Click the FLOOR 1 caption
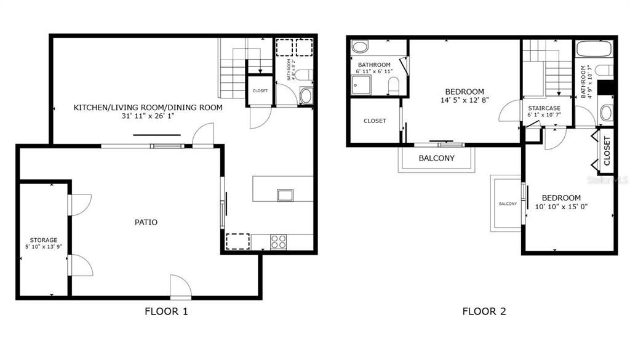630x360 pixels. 166,311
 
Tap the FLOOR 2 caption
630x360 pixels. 484,311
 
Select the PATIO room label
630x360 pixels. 146,222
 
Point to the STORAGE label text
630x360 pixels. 44,240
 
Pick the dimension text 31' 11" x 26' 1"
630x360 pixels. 148,116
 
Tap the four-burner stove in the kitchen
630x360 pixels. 279,242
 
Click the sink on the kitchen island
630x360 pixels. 285,196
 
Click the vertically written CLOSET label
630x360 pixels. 607,151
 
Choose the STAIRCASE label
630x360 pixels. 544,108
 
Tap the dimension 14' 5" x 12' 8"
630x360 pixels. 465,100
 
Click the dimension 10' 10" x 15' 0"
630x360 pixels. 560,207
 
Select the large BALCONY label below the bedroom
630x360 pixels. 436,158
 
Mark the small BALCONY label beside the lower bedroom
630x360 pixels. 508,204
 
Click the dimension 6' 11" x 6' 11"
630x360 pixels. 374,72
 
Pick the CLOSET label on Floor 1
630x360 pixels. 260,91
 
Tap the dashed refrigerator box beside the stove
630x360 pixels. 237,241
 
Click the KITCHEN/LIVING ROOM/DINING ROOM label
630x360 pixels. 148,108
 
